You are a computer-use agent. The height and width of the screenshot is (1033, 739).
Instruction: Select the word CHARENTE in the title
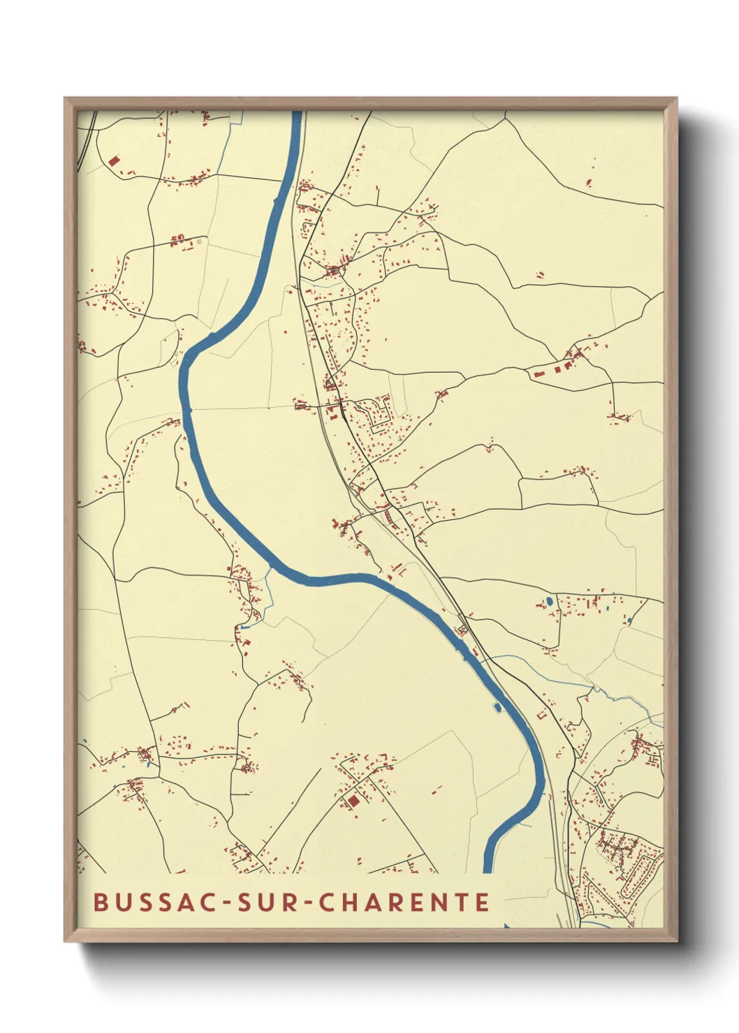[x=405, y=902]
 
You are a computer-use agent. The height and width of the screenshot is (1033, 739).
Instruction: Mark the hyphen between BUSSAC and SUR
[x=226, y=902]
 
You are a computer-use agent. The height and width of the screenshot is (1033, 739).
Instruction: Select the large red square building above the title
[x=353, y=801]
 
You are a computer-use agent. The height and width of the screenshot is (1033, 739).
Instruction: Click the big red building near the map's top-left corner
[x=114, y=161]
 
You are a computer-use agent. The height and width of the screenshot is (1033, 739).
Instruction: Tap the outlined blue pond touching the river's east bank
[x=498, y=707]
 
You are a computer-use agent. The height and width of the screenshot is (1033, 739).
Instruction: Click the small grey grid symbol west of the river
[x=198, y=241]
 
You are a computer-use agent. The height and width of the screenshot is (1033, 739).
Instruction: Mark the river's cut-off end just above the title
[x=488, y=870]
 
